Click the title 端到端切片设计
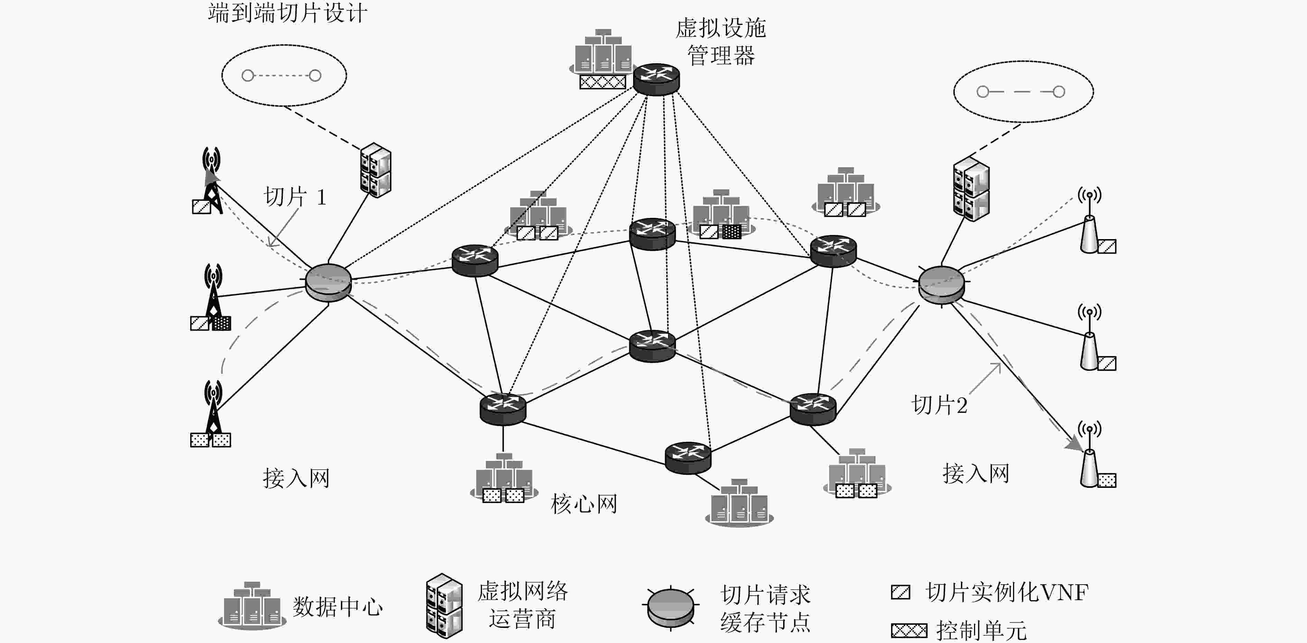pos(287,13)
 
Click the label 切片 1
pos(295,197)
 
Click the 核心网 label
pos(584,504)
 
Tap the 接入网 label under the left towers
pos(296,478)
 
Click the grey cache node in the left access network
pos(328,282)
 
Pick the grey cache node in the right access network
pos(942,285)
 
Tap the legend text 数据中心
pos(337,606)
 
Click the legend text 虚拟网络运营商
pos(522,605)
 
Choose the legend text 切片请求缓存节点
pos(765,608)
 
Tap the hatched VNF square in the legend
pos(901,592)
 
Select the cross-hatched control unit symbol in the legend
pos(909,631)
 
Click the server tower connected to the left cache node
pos(376,170)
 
